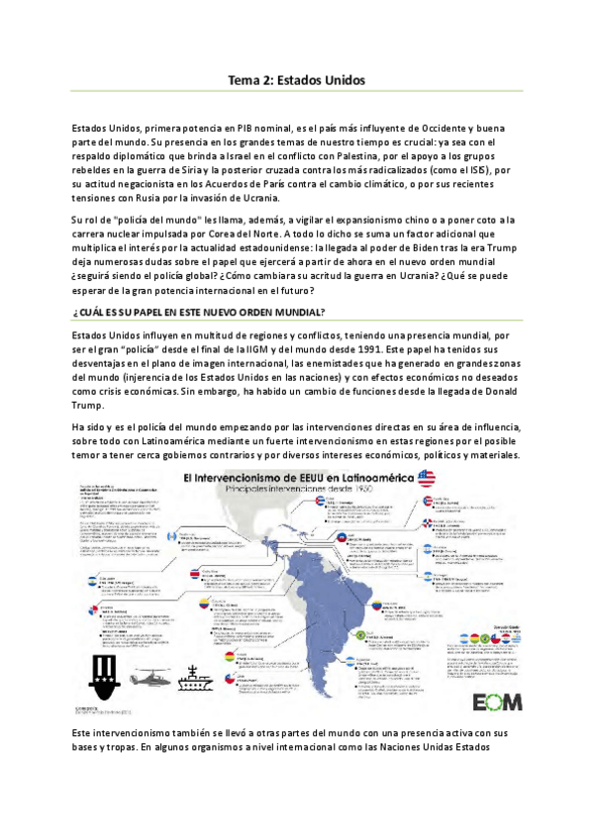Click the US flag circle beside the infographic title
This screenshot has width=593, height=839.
point(427,479)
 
